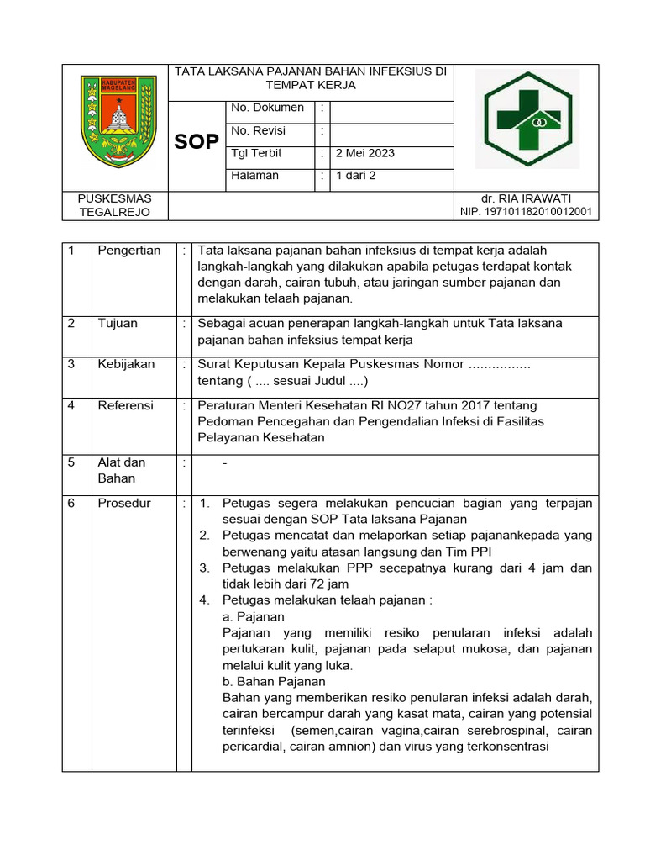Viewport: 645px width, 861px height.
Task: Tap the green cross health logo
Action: click(x=527, y=119)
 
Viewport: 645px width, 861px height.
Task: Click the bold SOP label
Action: click(x=197, y=141)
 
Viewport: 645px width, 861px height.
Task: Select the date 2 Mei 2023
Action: click(x=365, y=153)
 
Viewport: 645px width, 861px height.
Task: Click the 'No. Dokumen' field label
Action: click(x=267, y=108)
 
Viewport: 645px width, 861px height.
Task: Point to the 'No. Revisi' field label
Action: click(x=258, y=130)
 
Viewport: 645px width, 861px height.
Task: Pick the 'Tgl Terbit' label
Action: click(x=256, y=153)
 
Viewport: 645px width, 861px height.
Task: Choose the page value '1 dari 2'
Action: click(x=356, y=176)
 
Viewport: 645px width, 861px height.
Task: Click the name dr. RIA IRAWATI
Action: click(x=527, y=198)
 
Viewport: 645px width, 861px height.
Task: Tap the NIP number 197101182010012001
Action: click(x=527, y=212)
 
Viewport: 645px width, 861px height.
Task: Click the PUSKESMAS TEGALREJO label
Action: click(x=114, y=204)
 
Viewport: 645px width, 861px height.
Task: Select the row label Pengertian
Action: click(x=128, y=251)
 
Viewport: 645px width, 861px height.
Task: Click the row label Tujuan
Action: click(x=118, y=323)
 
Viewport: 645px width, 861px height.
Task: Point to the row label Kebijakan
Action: click(x=126, y=364)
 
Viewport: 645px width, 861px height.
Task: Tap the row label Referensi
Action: click(x=125, y=405)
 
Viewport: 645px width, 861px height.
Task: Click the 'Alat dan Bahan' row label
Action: click(x=122, y=470)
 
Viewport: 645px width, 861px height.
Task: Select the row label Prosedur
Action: click(x=124, y=503)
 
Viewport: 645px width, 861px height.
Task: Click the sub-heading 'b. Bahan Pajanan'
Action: click(x=274, y=681)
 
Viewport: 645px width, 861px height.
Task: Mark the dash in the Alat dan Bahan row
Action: click(x=224, y=463)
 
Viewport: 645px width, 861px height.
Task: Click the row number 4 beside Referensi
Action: click(x=72, y=405)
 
